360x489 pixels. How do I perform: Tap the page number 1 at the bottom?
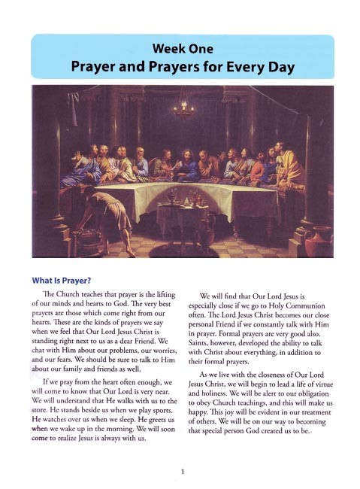pyautogui.click(x=181, y=472)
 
